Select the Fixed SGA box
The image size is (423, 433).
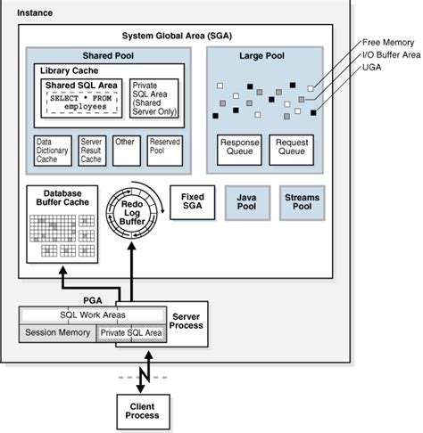[x=192, y=202]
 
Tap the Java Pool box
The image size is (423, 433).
[x=245, y=202]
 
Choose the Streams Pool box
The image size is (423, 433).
[x=302, y=202]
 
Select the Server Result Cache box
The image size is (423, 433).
[x=92, y=151]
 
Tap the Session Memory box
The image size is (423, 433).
[x=57, y=333]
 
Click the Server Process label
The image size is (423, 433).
[x=187, y=322]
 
